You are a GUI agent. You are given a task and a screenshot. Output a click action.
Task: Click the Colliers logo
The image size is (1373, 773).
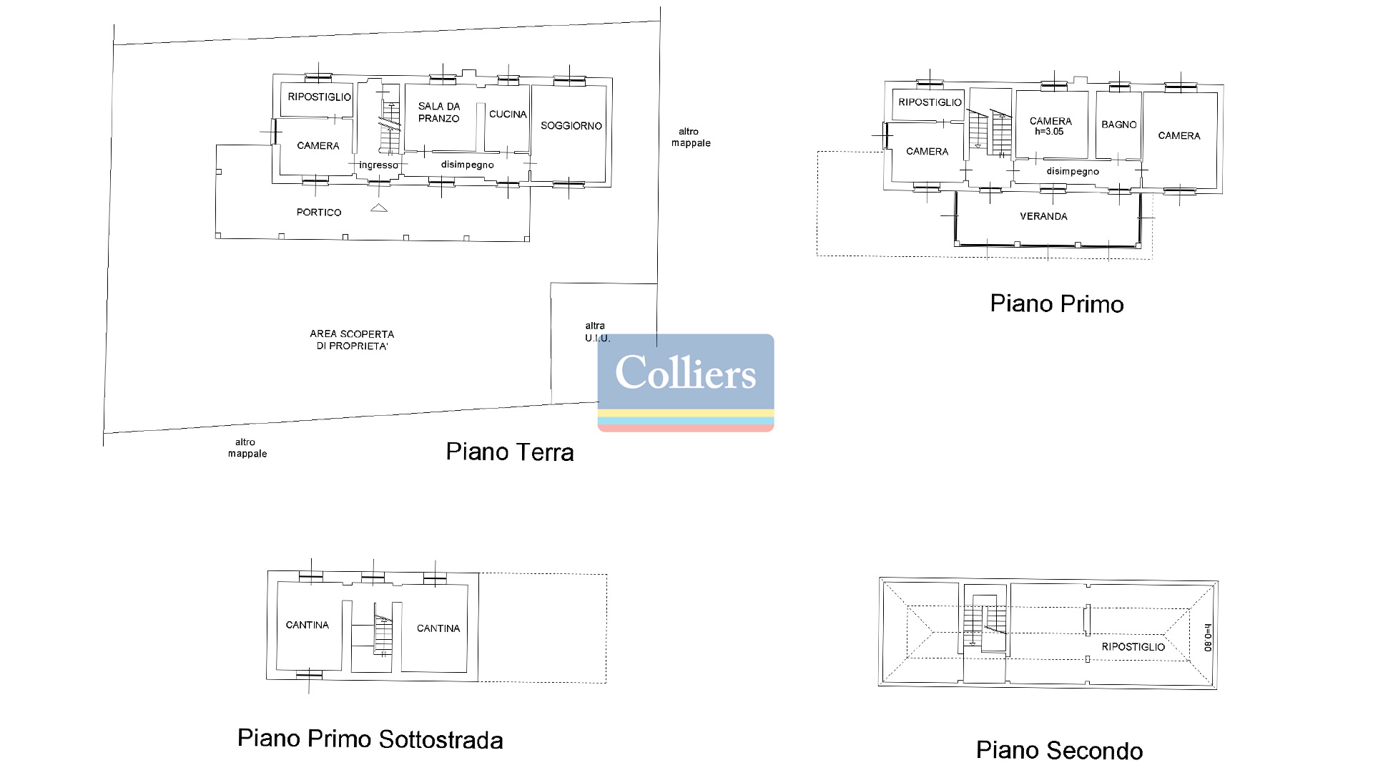[686, 383]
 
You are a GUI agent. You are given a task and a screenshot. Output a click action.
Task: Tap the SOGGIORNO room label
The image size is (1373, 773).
[571, 126]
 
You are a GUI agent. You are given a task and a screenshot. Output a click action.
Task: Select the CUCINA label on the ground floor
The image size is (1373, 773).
[508, 115]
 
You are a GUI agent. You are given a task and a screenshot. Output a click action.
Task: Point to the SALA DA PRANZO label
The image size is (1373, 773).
[439, 112]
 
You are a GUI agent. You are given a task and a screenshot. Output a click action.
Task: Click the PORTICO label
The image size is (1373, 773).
[319, 213]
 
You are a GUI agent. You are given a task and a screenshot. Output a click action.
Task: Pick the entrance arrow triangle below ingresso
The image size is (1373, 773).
[379, 208]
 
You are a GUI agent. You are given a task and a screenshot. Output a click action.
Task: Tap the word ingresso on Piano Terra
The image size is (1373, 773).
[378, 165]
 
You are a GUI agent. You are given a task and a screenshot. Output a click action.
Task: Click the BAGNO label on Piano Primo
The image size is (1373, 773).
[1119, 125]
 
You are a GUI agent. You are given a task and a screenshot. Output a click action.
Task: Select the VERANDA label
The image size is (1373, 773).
[1043, 216]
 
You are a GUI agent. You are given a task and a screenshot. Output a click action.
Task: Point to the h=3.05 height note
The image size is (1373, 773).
[1049, 132]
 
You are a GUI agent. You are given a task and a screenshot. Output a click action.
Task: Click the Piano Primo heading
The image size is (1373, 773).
[1057, 304]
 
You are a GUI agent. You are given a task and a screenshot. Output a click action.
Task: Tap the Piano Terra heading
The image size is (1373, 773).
[510, 452]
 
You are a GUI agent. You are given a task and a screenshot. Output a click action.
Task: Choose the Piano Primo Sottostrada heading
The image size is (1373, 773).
[370, 739]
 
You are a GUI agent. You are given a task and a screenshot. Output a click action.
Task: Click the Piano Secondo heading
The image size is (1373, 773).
[1060, 751]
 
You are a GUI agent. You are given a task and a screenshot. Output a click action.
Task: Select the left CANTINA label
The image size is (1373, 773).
[307, 626]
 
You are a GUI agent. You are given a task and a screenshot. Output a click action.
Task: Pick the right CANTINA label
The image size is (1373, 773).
[438, 628]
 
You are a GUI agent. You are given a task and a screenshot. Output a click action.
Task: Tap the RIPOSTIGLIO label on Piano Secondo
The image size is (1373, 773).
[1133, 647]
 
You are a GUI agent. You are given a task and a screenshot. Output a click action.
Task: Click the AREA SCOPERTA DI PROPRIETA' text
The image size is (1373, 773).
[352, 340]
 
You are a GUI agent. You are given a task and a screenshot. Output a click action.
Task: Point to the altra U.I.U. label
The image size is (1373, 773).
[597, 332]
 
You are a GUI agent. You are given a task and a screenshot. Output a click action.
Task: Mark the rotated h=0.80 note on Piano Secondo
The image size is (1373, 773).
[1208, 636]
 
